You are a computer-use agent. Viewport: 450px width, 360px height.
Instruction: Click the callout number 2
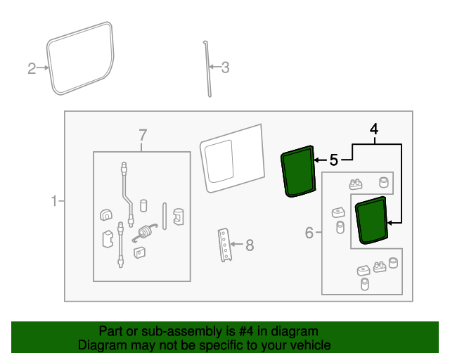[32, 68]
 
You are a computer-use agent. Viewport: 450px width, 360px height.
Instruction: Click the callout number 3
[225, 67]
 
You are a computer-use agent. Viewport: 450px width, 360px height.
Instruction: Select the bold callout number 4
[374, 129]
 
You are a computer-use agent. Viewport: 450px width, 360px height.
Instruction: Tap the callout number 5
[333, 160]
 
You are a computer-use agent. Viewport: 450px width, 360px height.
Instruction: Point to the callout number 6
[309, 233]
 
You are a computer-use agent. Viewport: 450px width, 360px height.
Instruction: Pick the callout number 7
[143, 135]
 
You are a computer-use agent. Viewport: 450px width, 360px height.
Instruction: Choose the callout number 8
[250, 245]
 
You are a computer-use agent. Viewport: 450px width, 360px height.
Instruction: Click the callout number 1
[54, 201]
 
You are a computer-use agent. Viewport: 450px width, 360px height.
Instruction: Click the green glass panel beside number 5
[298, 172]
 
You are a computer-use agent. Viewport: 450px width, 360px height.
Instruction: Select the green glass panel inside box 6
[371, 221]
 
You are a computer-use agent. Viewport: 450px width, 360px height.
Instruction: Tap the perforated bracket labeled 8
[224, 245]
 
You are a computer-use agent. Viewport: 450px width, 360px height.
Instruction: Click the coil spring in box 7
[144, 232]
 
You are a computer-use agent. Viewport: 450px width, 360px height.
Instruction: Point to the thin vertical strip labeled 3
[207, 69]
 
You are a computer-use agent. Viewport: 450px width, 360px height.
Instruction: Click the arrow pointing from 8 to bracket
[237, 244]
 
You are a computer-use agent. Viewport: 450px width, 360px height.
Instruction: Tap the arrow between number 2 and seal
[43, 67]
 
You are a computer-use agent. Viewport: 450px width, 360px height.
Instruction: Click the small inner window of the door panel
[219, 161]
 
